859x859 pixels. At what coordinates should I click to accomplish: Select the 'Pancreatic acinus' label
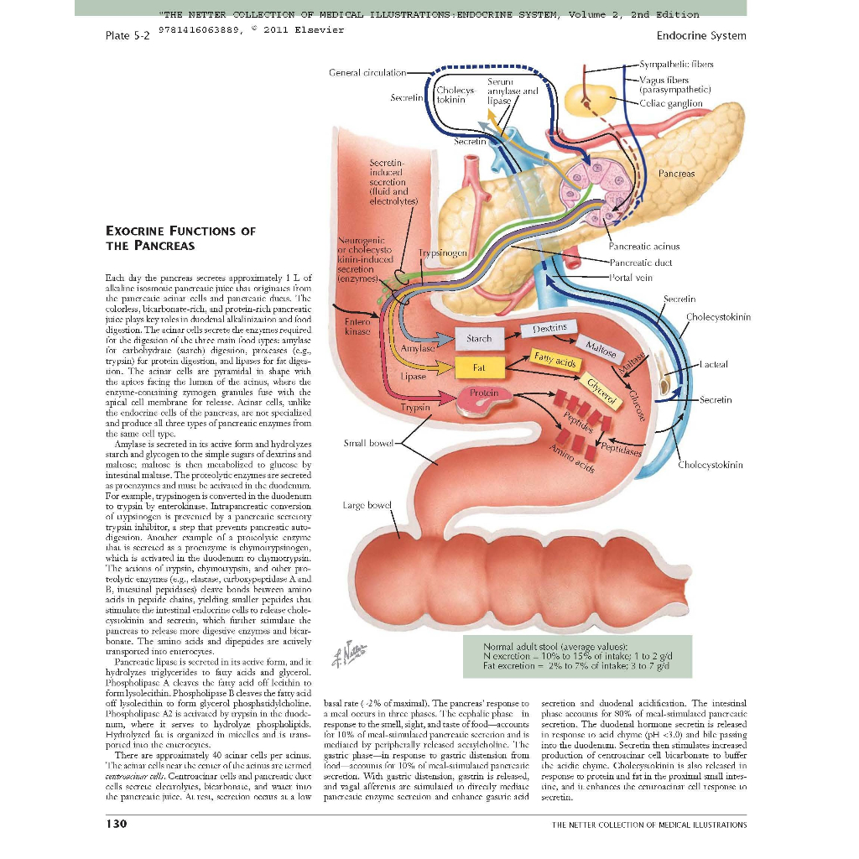click(x=643, y=247)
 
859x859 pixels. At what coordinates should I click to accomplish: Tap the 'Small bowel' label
click(x=367, y=442)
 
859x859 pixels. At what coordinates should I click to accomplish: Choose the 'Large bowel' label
click(x=367, y=505)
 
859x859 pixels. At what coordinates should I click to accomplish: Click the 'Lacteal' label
click(x=714, y=365)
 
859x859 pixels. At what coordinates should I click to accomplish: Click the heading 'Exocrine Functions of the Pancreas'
click(x=180, y=237)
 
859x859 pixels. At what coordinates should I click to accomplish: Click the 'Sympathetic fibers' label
click(x=676, y=64)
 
